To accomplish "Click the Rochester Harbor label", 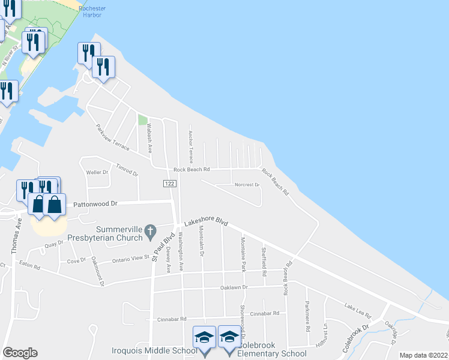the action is [92, 12].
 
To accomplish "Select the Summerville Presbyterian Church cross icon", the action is [150, 230].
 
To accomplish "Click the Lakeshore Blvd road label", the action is [206, 223].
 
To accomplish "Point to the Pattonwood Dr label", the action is [96, 204].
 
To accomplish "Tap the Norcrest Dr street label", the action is [246, 185].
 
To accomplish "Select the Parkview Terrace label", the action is [112, 137].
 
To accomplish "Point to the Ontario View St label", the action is [131, 259].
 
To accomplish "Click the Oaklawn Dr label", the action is [232, 287].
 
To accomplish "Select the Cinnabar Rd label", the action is [264, 314].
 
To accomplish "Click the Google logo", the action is [20, 353].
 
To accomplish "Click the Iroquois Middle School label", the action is [154, 351].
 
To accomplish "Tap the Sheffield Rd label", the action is [264, 262].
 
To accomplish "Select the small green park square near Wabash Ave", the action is [143, 119].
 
